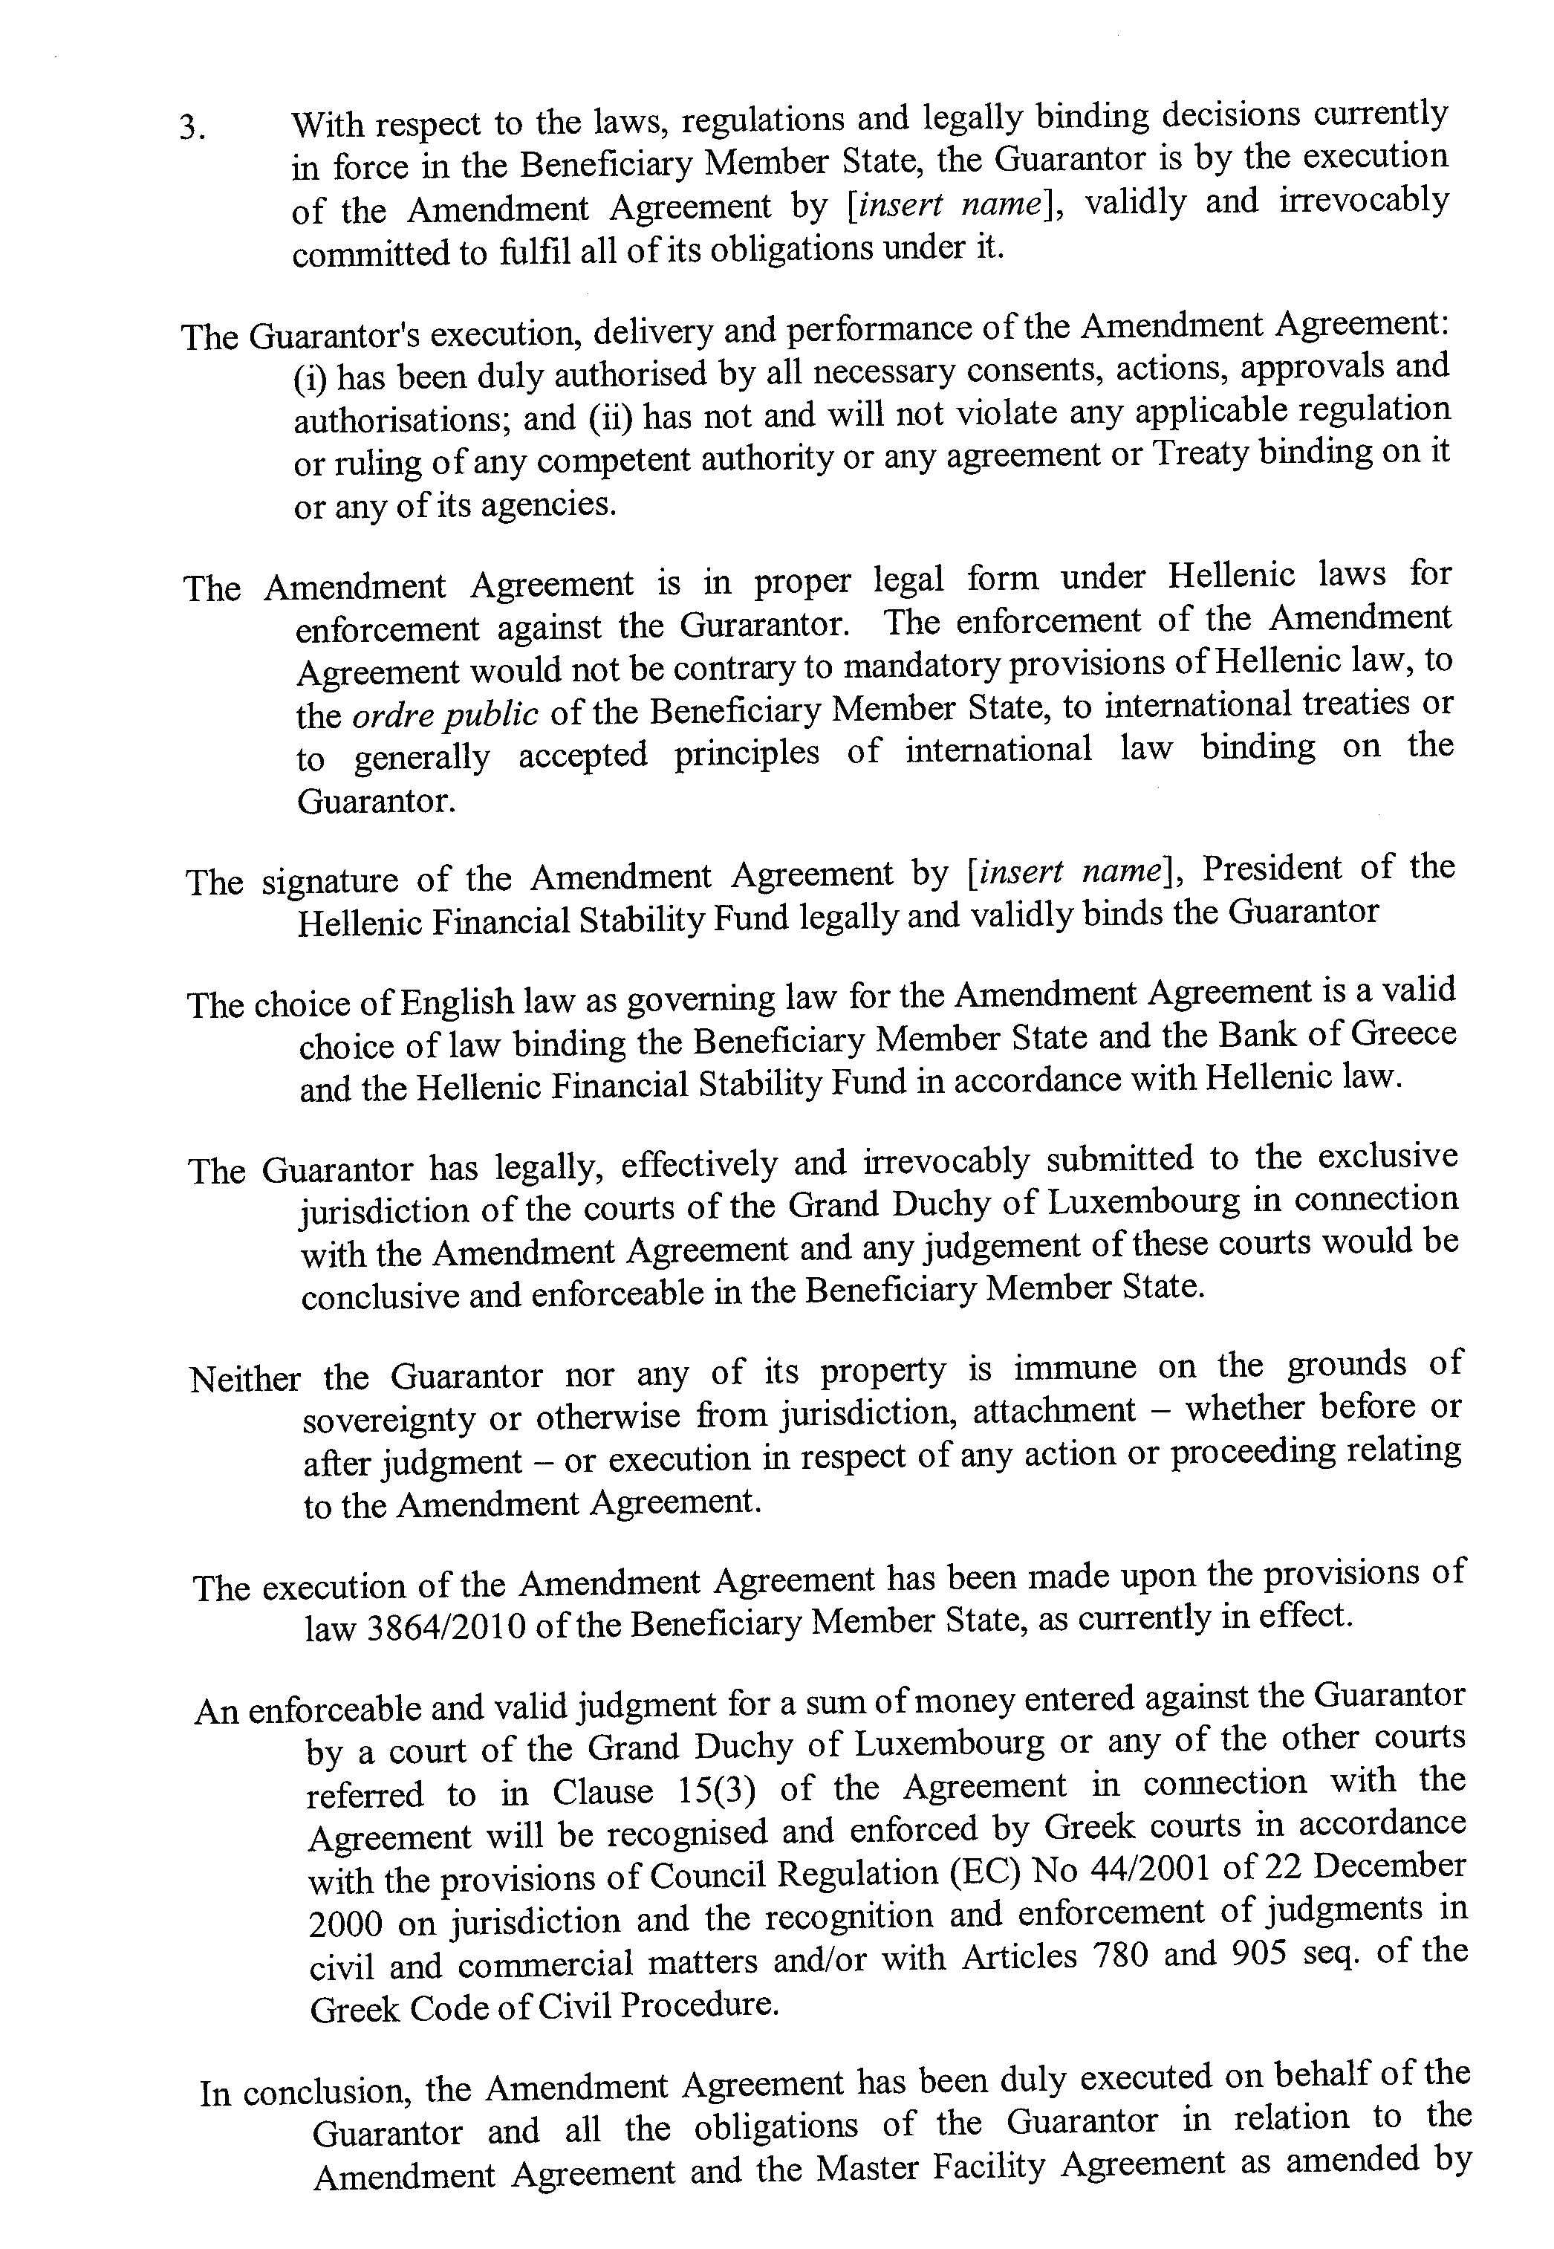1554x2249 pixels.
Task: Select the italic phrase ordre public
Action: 445,715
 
